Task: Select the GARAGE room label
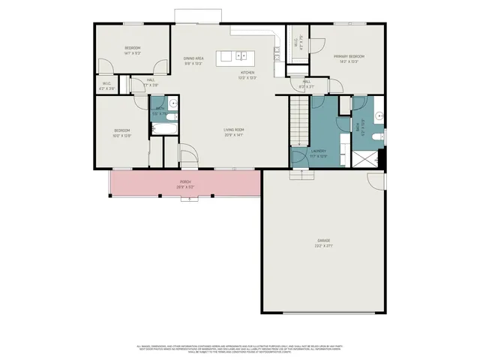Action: point(323,240)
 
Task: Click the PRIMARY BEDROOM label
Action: point(349,56)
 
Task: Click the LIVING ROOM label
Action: point(234,130)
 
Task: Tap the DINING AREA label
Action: point(194,58)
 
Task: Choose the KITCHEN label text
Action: point(247,73)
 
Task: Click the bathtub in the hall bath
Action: point(163,128)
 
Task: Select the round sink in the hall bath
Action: point(172,103)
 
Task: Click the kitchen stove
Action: point(277,53)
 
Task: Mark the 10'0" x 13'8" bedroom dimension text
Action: point(122,136)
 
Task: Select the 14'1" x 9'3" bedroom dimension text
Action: point(133,53)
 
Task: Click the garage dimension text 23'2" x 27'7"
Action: point(323,245)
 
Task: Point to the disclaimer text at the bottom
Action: point(240,348)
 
